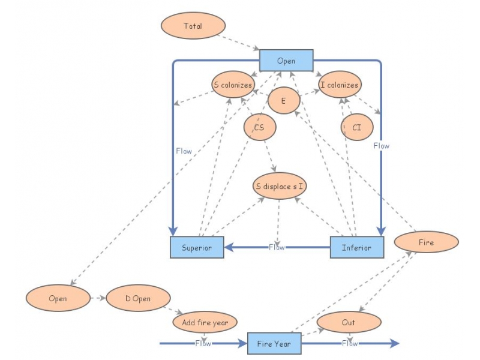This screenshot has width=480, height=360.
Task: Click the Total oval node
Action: click(x=193, y=26)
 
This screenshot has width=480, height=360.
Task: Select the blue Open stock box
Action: click(x=286, y=61)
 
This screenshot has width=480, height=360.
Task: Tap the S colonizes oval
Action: click(x=233, y=85)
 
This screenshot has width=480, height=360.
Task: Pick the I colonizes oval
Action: click(x=339, y=85)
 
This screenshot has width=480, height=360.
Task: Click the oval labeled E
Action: click(x=283, y=101)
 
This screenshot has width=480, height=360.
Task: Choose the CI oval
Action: click(x=356, y=127)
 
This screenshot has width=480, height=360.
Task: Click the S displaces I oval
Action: click(x=280, y=186)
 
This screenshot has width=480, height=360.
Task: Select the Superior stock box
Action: click(x=197, y=247)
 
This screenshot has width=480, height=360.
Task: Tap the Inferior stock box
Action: click(x=356, y=247)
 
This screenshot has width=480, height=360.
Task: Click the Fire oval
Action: click(x=427, y=242)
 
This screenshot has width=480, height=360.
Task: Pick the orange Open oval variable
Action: click(x=58, y=298)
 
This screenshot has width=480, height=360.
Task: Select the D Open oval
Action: click(x=138, y=298)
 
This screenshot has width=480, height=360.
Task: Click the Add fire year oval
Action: click(x=205, y=322)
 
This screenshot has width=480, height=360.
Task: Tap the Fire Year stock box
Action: click(x=274, y=344)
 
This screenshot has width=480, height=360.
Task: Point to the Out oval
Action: click(x=349, y=322)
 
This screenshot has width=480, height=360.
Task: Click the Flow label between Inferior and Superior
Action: click(x=277, y=247)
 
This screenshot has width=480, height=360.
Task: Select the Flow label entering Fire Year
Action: click(x=203, y=343)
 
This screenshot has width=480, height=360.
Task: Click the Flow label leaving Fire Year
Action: click(x=350, y=343)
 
